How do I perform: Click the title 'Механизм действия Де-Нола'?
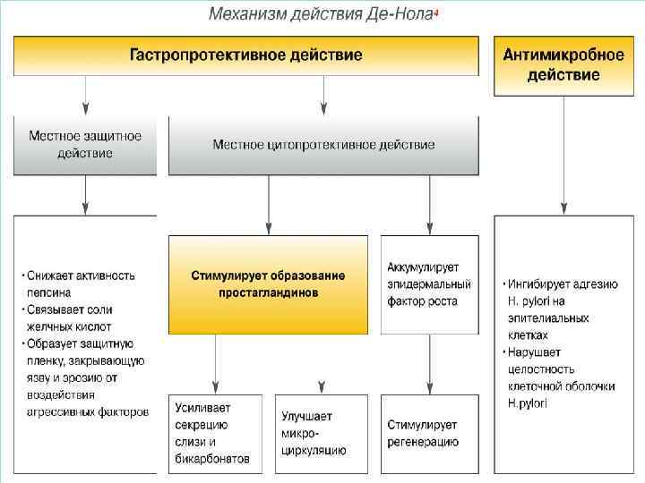click(x=322, y=15)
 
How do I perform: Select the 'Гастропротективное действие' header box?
click(x=246, y=55)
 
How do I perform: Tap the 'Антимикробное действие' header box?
click(x=563, y=65)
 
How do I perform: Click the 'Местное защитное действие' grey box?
click(x=84, y=145)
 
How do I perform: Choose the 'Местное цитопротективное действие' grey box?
click(x=323, y=145)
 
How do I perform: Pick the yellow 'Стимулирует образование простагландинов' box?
click(x=268, y=284)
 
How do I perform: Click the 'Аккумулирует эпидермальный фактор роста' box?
click(x=429, y=284)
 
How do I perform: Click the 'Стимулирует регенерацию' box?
click(x=429, y=433)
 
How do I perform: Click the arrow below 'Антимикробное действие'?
click(x=563, y=157)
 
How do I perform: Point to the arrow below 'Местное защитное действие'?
click(x=85, y=195)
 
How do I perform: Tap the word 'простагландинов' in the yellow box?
click(x=269, y=293)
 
